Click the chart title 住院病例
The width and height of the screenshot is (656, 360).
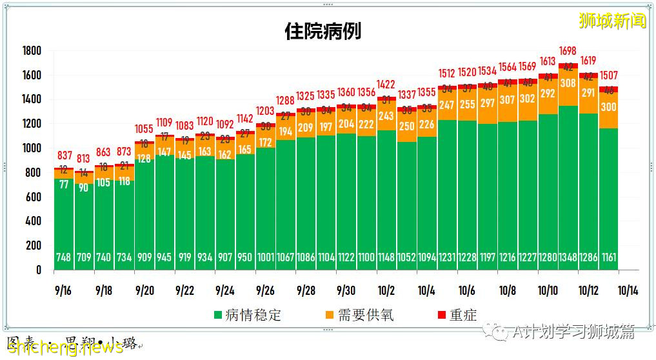[x=323, y=31]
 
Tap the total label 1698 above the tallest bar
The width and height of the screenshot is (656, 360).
[x=568, y=50]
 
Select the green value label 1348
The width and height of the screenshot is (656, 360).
[x=568, y=257]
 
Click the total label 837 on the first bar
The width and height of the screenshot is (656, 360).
[x=65, y=155]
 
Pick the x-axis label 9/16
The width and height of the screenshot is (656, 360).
[x=63, y=291]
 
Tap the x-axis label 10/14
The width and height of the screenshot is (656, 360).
[x=628, y=291]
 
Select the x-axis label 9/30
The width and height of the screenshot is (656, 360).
[x=346, y=291]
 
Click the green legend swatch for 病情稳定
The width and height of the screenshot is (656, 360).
[x=219, y=315]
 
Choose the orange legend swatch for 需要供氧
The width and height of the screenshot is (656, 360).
[x=329, y=315]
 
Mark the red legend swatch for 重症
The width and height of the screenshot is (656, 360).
[x=441, y=315]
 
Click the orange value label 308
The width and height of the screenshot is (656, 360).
[x=568, y=83]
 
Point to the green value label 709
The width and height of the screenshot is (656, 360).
[x=84, y=257]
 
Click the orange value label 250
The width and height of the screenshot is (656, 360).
[x=407, y=127]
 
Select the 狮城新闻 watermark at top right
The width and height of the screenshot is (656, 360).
[x=612, y=21]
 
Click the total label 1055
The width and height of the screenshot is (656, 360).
[x=144, y=129]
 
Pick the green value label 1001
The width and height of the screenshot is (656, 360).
[x=265, y=257]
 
